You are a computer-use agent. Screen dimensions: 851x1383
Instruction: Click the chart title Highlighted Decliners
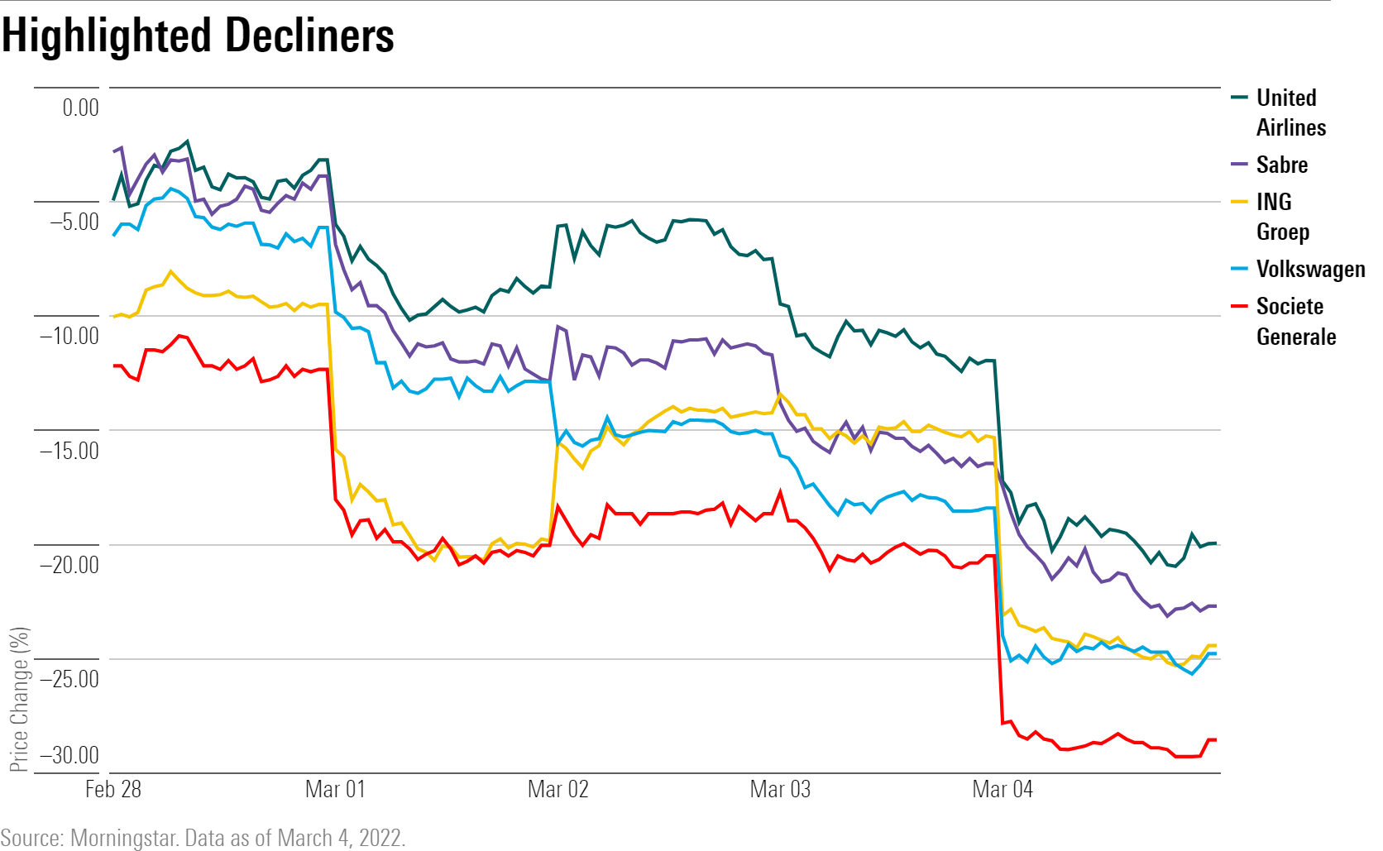coord(199,36)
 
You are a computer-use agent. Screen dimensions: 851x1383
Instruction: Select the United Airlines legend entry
coord(1290,112)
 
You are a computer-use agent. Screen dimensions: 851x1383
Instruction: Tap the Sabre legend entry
coord(1281,165)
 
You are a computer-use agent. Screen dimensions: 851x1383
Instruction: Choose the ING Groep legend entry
coord(1281,217)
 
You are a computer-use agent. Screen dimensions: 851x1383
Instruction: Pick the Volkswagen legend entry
coord(1310,269)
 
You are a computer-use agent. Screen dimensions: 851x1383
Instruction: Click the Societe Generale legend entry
coord(1295,321)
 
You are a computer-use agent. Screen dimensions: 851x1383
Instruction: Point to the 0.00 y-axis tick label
coord(80,108)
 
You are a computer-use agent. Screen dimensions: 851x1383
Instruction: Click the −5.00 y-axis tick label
coord(74,222)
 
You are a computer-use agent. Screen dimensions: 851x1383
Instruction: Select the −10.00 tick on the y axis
coord(69,336)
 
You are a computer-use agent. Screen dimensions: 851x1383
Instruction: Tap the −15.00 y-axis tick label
coord(69,451)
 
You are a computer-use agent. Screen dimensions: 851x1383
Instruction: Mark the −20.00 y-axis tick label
coord(69,565)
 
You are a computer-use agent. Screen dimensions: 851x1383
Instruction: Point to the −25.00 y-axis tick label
coord(69,679)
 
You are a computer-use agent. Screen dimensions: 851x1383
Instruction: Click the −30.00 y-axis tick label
coord(69,755)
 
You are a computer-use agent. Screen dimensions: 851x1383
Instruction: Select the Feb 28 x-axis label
coord(113,789)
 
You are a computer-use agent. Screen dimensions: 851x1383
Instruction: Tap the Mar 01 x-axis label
coord(335,789)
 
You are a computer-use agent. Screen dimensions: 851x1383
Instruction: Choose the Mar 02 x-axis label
coord(558,789)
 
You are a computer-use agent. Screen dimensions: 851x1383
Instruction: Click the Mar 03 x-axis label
coord(780,789)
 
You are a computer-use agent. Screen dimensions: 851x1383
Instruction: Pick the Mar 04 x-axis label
coord(1003,789)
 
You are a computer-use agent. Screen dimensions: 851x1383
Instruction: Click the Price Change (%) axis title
coord(19,699)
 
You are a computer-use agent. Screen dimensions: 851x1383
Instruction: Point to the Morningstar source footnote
coord(203,838)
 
